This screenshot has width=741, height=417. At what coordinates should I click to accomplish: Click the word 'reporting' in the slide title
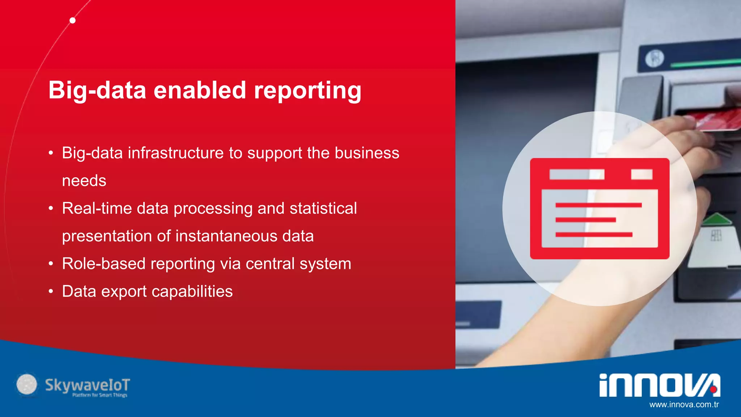(307, 90)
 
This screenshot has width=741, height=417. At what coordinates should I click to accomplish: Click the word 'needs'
(84, 181)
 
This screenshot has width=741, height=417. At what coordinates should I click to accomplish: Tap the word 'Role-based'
(103, 264)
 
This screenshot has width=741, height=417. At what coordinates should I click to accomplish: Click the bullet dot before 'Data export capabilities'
(51, 291)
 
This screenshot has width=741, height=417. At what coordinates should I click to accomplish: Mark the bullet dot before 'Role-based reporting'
(51, 264)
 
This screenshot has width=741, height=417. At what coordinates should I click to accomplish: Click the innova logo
(659, 385)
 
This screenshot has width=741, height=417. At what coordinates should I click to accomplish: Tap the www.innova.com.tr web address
(684, 405)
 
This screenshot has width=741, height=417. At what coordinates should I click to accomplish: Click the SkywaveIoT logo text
(87, 385)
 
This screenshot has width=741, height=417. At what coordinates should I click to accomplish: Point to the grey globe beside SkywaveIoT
(27, 384)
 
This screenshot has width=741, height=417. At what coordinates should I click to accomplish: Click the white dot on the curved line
(73, 20)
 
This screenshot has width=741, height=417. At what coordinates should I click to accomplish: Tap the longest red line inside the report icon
(598, 205)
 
